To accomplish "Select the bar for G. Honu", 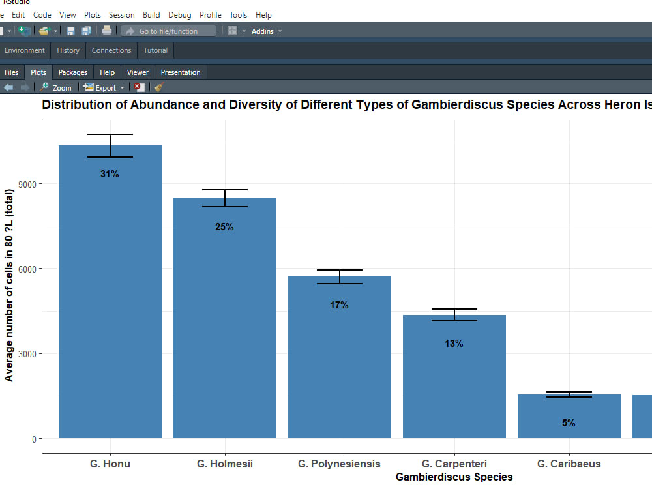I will click(x=110, y=293).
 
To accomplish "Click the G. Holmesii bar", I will click(x=225, y=319).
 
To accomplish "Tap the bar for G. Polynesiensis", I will click(x=340, y=359).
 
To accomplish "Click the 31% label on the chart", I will click(x=110, y=174).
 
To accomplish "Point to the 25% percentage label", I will click(x=224, y=227).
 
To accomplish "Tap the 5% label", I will click(x=569, y=423).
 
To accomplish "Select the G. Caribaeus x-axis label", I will click(x=569, y=464).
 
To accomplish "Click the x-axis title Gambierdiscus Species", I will click(x=454, y=477).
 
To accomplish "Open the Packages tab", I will click(x=72, y=72).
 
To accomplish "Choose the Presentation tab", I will click(x=181, y=72).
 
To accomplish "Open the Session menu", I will click(x=121, y=14).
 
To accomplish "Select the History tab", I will click(x=68, y=50).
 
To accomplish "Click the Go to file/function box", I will click(x=168, y=31).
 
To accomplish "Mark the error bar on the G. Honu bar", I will click(x=110, y=145).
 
